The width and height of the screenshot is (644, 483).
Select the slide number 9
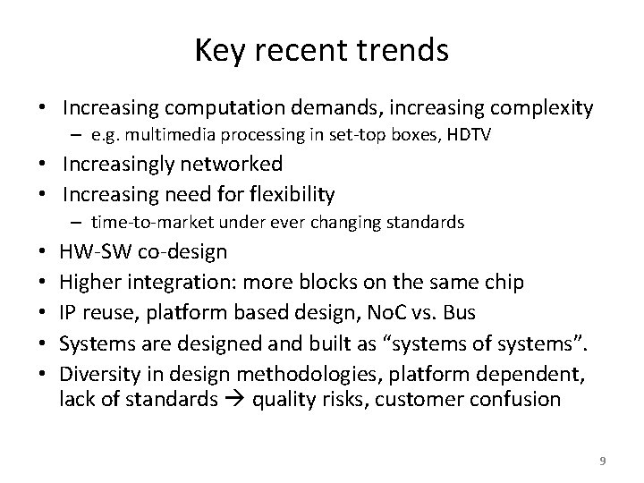point(602,461)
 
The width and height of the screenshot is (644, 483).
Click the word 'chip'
point(504,283)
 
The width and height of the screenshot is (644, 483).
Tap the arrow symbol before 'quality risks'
point(240,400)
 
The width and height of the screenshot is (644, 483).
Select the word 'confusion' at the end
point(514,399)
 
